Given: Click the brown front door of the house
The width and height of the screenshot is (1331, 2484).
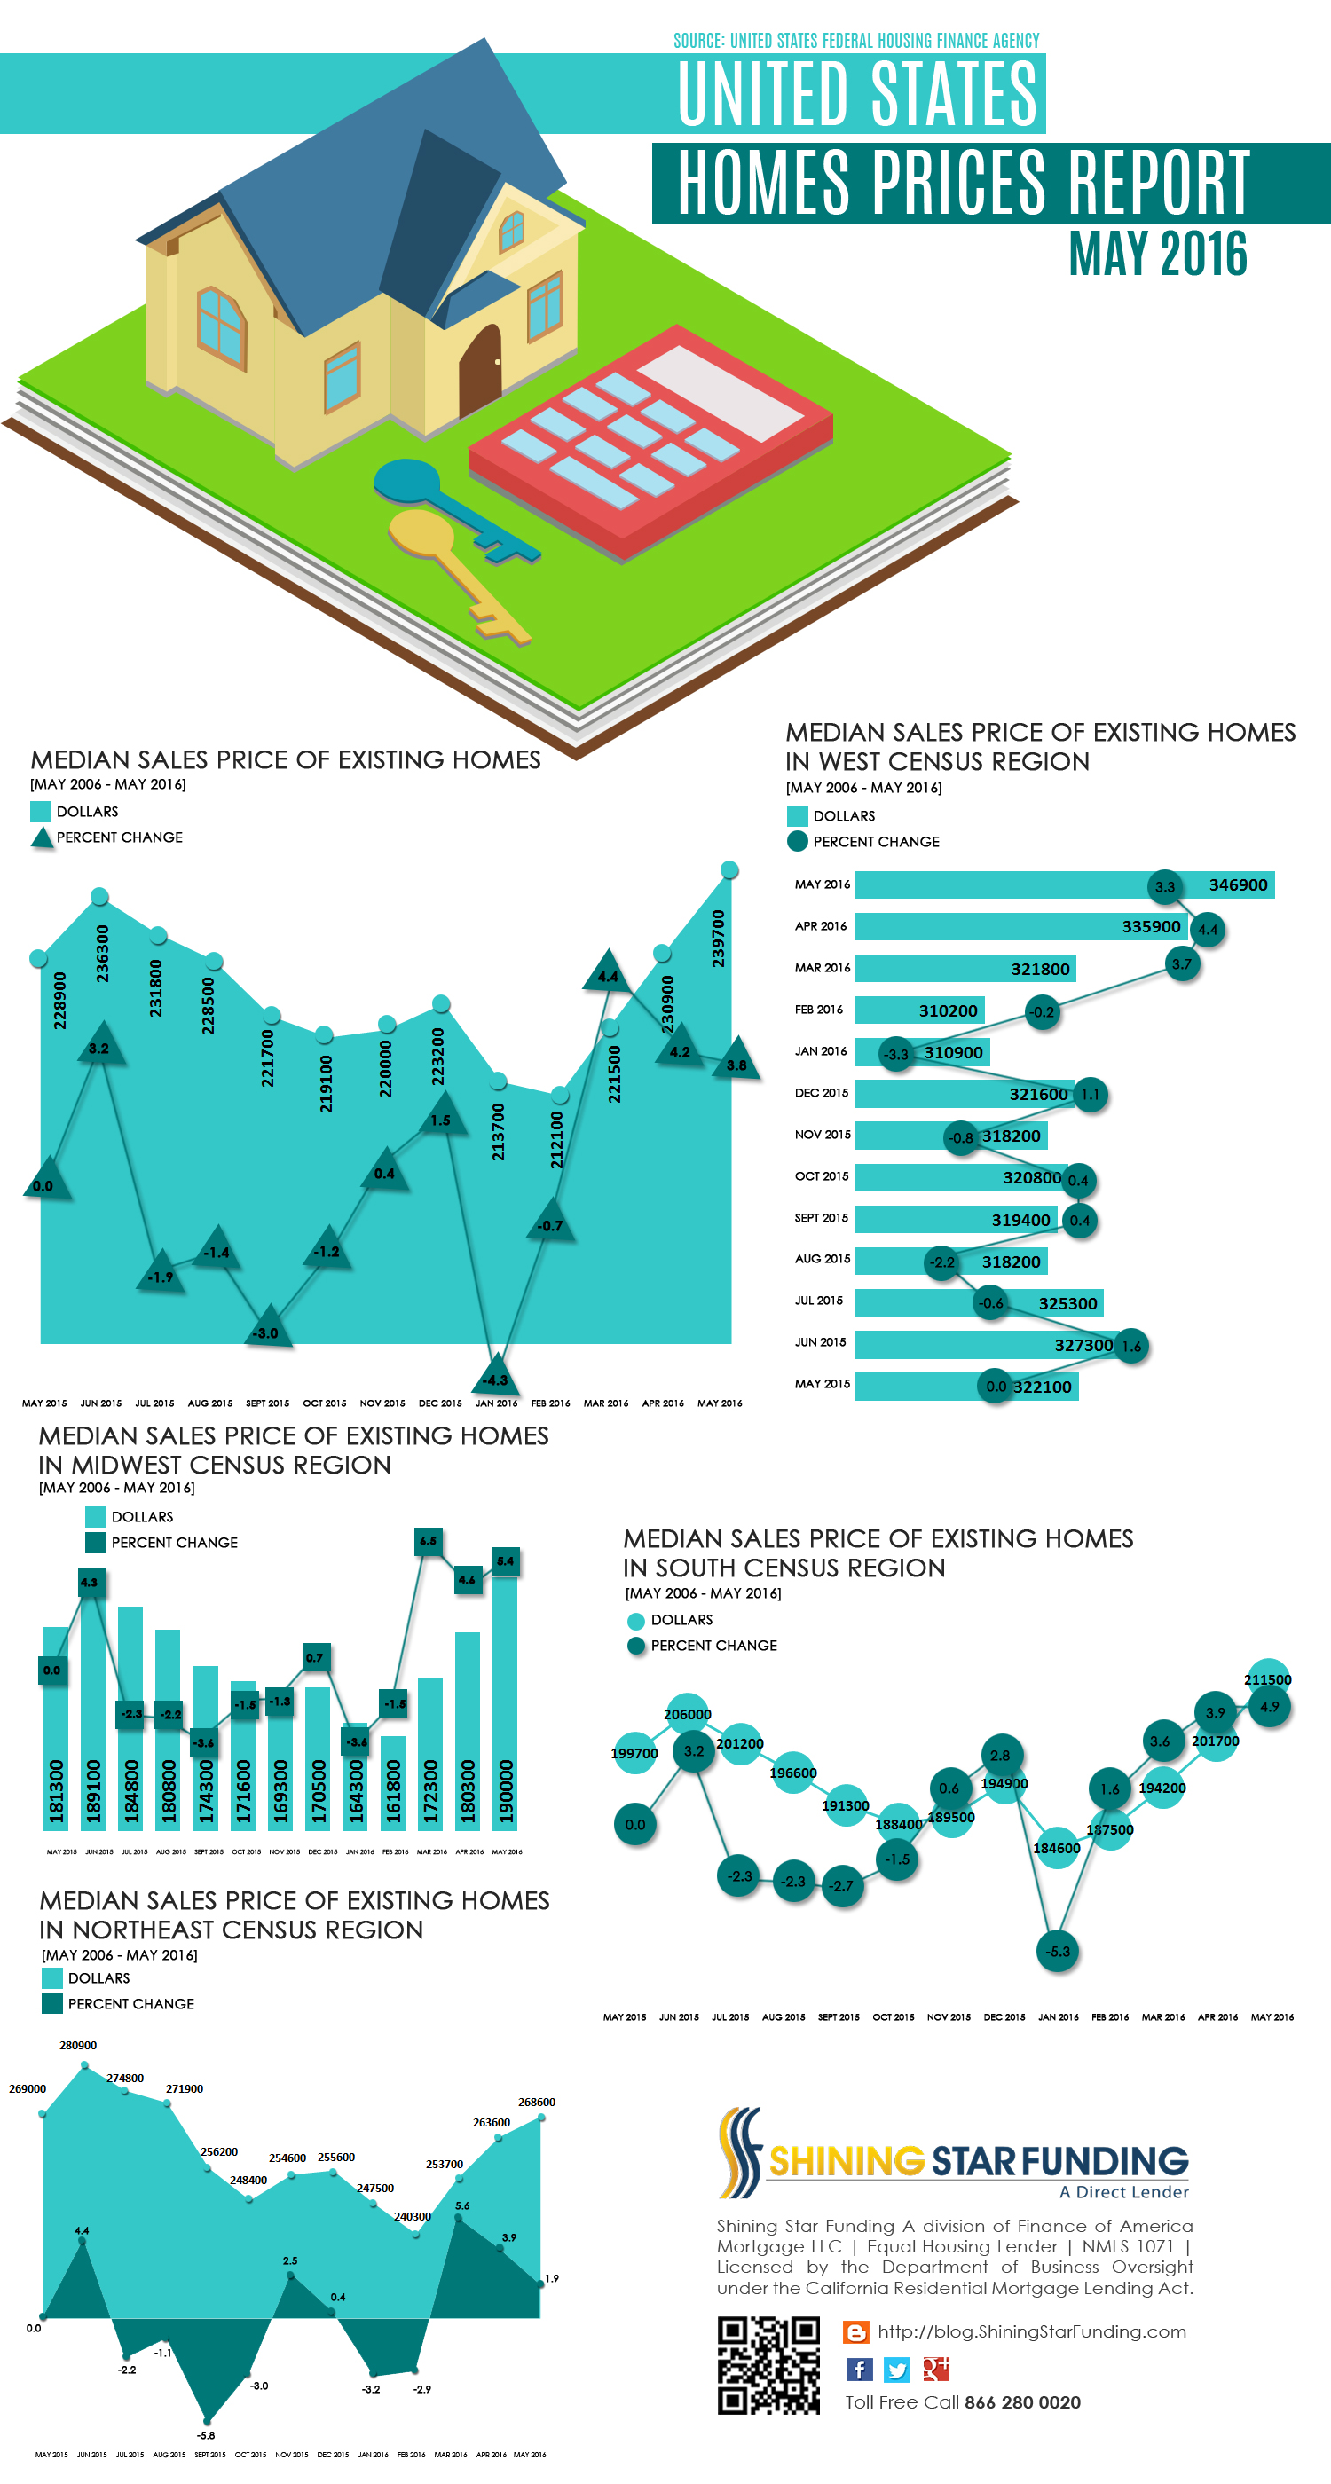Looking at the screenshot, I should (479, 368).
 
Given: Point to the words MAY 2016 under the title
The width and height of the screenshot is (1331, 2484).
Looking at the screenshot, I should (1157, 254).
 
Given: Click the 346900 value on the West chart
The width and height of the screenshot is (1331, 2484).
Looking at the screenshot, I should (1238, 885).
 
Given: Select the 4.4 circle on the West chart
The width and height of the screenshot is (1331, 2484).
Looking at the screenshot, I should (1208, 930).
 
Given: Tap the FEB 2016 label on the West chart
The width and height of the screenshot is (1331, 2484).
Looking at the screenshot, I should (819, 1010).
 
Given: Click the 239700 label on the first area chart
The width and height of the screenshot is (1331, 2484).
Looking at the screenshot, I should (719, 938).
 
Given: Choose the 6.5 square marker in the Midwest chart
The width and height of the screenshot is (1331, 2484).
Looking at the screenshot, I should (429, 1541).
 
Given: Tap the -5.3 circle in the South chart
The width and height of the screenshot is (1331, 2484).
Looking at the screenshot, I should (1058, 1951).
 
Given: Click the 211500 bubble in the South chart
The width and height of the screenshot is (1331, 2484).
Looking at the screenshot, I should (1268, 1679).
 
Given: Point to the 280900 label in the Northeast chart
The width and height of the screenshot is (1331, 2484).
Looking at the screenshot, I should (78, 2045).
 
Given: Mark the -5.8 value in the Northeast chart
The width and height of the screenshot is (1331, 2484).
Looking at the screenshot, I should (207, 2435).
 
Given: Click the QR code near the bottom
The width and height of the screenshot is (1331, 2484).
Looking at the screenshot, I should (768, 2364).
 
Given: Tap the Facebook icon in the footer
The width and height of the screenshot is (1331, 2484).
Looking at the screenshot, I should (858, 2370).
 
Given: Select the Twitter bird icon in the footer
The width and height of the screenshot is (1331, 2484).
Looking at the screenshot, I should (897, 2370).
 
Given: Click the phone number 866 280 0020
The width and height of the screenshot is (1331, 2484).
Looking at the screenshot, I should (1022, 2402).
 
